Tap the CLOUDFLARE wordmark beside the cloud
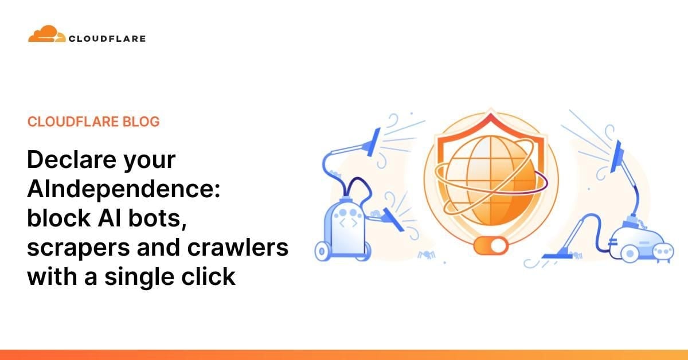pos(107,39)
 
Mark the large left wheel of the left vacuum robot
pos(323,251)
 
